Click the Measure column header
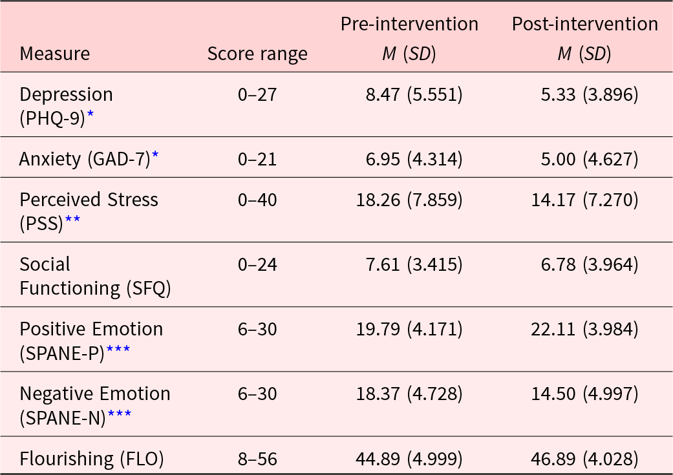(x=54, y=54)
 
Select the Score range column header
(x=257, y=54)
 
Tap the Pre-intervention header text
(x=409, y=24)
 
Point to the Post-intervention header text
(x=585, y=24)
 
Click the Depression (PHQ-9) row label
(x=66, y=106)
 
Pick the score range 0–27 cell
(x=257, y=94)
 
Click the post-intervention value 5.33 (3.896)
(x=590, y=95)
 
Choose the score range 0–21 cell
(x=257, y=159)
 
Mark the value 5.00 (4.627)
(x=590, y=160)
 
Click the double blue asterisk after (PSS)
(x=72, y=219)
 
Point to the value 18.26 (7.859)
(x=409, y=200)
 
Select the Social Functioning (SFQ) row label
(x=95, y=277)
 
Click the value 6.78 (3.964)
(x=590, y=265)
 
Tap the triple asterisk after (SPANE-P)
(x=118, y=349)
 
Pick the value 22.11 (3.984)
(x=585, y=330)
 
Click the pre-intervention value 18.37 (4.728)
(x=409, y=394)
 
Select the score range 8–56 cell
(x=257, y=459)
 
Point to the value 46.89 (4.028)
(x=585, y=459)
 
